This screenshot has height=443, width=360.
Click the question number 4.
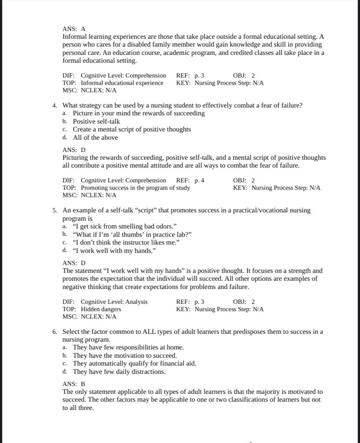click(x=54, y=105)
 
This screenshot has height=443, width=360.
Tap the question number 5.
click(x=54, y=210)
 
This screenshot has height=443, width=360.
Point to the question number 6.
click(x=54, y=332)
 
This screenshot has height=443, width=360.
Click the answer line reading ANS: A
click(x=74, y=29)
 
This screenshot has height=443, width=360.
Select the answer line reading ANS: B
click(x=74, y=384)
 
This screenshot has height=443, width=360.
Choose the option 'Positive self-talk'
click(x=96, y=121)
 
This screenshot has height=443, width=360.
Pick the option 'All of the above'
click(x=95, y=138)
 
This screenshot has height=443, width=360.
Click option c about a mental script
click(x=131, y=129)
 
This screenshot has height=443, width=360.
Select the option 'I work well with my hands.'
click(x=114, y=251)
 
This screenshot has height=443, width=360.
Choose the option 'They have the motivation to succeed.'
click(x=124, y=356)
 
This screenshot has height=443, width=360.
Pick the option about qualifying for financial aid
click(x=134, y=363)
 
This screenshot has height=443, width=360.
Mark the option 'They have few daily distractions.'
click(x=119, y=372)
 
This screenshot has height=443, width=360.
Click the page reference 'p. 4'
click(x=199, y=180)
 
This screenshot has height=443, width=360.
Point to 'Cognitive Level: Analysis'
click(x=114, y=302)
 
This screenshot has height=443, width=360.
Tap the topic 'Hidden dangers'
click(x=101, y=309)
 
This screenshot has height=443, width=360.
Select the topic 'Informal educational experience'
click(x=122, y=83)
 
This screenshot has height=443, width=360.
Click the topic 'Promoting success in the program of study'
click(x=135, y=188)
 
